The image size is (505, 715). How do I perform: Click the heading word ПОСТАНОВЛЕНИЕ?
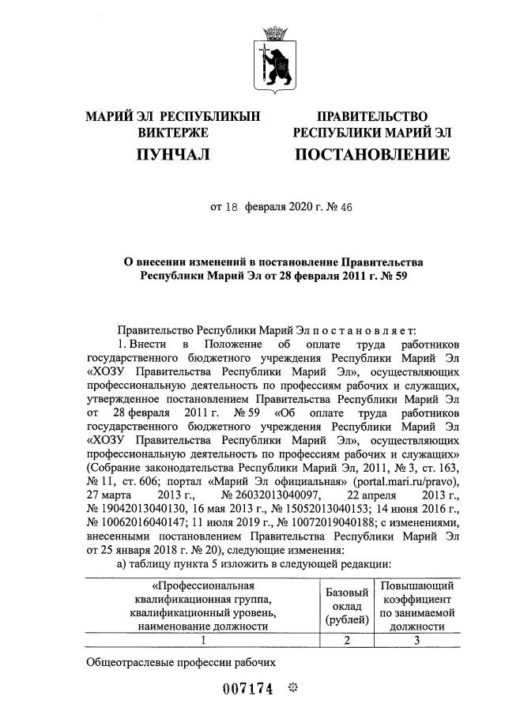[x=372, y=155]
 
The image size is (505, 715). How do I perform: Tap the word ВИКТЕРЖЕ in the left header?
[x=172, y=134]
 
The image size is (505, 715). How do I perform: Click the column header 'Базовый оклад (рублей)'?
[x=345, y=608]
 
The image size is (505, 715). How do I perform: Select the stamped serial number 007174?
[x=247, y=689]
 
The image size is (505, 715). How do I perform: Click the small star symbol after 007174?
[x=292, y=688]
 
